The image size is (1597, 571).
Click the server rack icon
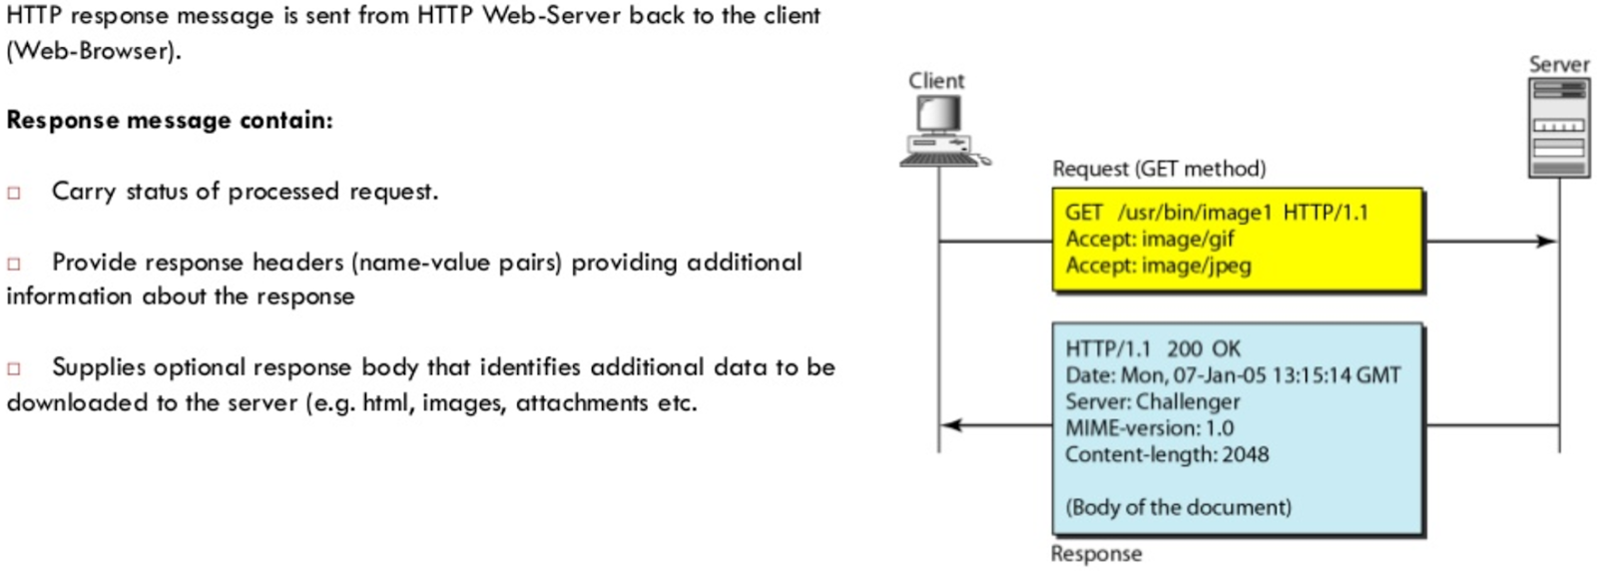point(1558,128)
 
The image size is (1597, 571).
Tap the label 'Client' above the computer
point(935,81)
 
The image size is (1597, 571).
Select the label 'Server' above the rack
point(1558,65)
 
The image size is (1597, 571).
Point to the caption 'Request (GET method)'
point(1158,169)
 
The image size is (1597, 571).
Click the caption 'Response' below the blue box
point(1095,554)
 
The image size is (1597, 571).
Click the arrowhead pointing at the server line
point(1545,241)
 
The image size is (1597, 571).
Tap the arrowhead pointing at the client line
point(952,425)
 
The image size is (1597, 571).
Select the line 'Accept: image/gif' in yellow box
point(1149,239)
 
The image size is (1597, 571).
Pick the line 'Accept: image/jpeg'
point(1158,266)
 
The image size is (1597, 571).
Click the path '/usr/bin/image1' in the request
point(1194,213)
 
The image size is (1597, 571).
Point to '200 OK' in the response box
point(1203,348)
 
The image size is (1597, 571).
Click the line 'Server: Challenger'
point(1152,401)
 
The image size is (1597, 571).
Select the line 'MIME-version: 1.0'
point(1149,428)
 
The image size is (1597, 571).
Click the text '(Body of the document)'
point(1178,507)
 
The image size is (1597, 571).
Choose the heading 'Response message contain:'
point(170,120)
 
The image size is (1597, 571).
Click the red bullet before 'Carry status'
point(14,193)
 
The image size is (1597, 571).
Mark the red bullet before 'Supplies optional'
point(14,368)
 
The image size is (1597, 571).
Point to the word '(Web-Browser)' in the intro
point(94,51)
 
